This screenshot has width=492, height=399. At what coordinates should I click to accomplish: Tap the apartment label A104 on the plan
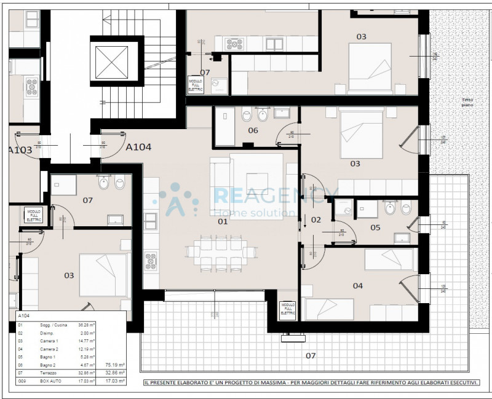tap(139, 147)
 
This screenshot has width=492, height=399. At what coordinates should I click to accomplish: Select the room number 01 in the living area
tap(223, 221)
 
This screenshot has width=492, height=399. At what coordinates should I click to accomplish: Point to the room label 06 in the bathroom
tap(253, 130)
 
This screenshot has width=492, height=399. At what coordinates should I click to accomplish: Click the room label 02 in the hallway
tap(316, 219)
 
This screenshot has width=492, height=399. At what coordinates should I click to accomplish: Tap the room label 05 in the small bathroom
tap(375, 227)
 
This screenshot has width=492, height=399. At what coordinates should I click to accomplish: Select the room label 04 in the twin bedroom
tap(357, 285)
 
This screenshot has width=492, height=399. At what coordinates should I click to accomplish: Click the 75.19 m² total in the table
tap(116, 363)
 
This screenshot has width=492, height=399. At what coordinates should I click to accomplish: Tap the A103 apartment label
tap(20, 149)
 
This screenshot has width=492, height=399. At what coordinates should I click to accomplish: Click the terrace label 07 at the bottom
tap(311, 355)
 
